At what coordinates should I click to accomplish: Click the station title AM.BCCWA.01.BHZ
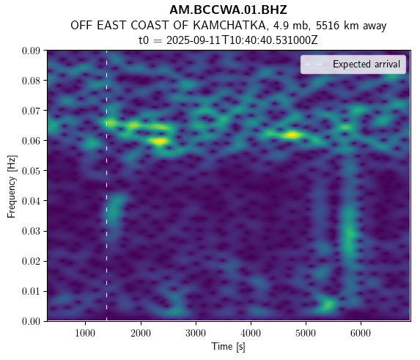point(228,10)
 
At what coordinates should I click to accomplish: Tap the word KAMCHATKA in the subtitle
point(229,26)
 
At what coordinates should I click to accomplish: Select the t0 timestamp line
point(228,40)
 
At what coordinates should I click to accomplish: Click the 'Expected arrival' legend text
point(366,65)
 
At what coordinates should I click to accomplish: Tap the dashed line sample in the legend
point(314,65)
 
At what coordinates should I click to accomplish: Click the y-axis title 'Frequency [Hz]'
point(12,186)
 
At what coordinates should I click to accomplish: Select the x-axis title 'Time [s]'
point(228,346)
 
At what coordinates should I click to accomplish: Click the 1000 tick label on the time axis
point(85,333)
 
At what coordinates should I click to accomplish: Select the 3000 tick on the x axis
point(196,333)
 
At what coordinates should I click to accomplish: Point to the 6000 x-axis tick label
point(361,333)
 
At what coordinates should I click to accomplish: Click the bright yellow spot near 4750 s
point(292,135)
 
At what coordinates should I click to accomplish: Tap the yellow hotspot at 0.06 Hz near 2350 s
point(160,141)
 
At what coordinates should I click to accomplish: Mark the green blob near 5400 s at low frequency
point(328,305)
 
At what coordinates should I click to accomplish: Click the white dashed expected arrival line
point(106,185)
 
